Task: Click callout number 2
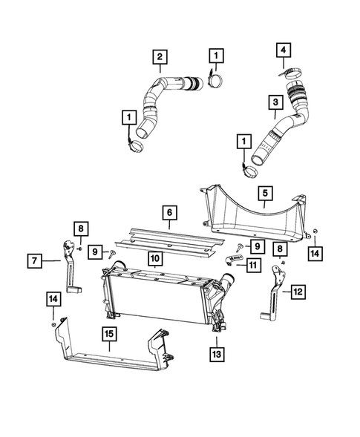pos(160,56)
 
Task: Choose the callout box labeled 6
pos(170,213)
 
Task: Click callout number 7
pos(35,260)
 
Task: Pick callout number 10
pos(154,259)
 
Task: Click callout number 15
pos(109,335)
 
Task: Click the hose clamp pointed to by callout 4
pos(291,73)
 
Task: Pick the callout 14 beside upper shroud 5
pos(315,254)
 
